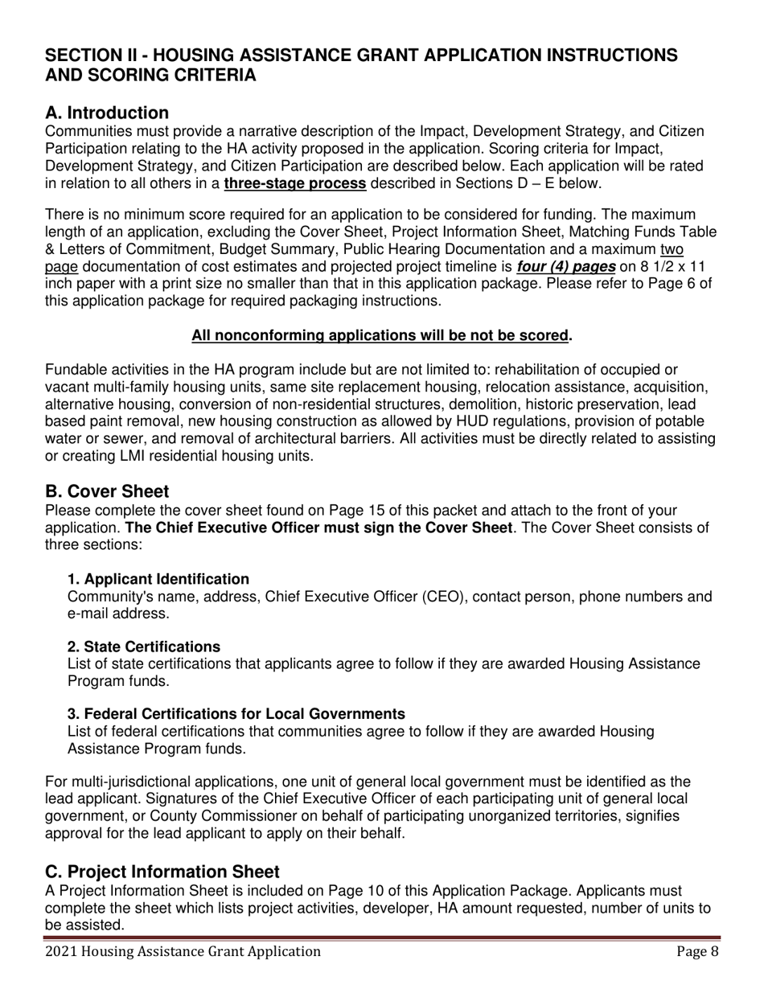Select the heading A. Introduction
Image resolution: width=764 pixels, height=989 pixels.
point(107,113)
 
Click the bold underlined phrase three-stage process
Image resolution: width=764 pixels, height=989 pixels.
point(295,183)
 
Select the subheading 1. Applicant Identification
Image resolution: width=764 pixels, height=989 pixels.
point(158,579)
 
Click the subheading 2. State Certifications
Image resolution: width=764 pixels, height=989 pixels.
point(144,646)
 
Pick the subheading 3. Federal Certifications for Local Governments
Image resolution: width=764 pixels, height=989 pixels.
point(236,714)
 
